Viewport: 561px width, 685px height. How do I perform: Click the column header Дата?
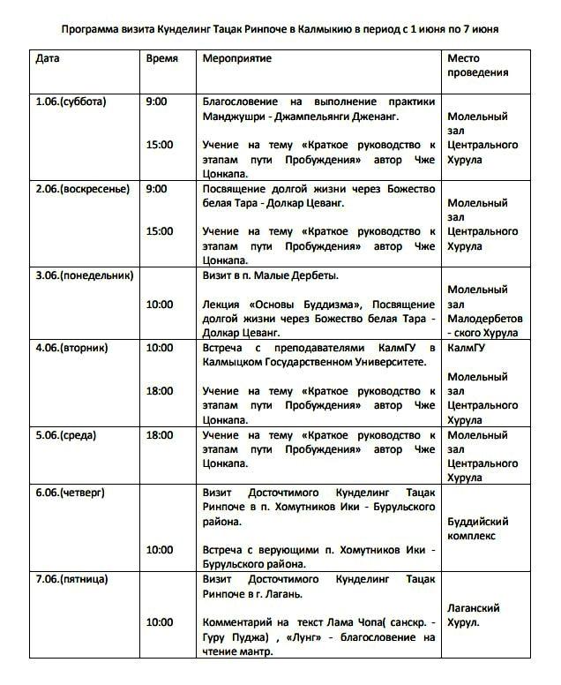[x=48, y=58]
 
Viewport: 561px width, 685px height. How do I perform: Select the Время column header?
[x=161, y=58]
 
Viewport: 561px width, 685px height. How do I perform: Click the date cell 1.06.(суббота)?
[x=71, y=102]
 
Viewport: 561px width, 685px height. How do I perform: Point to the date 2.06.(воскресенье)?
[x=82, y=188]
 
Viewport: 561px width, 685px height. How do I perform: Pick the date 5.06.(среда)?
[x=66, y=434]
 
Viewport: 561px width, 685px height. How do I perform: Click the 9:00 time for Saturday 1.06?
[x=156, y=102]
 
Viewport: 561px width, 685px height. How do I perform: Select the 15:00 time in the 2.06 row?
[x=160, y=231]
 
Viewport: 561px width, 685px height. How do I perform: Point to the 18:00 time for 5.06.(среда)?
[x=160, y=434]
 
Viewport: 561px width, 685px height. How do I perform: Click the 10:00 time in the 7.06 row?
[x=160, y=622]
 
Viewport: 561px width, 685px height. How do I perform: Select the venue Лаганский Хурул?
[x=474, y=615]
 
